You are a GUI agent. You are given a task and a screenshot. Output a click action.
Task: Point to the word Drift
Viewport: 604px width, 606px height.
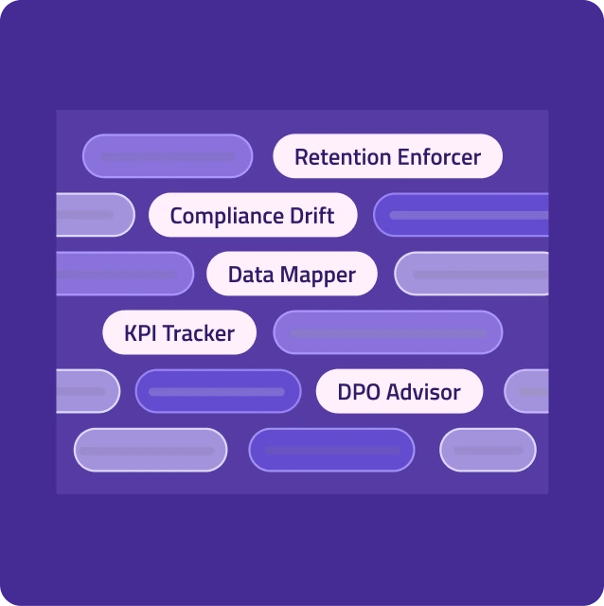tap(311, 216)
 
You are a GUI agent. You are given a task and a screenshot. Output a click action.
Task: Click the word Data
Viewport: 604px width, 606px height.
tap(249, 276)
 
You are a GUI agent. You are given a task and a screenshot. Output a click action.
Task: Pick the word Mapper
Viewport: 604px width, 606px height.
tap(318, 276)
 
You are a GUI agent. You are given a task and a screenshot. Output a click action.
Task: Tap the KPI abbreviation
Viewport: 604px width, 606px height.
tap(141, 333)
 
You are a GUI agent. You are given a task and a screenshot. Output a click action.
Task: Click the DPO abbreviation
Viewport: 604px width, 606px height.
tap(358, 392)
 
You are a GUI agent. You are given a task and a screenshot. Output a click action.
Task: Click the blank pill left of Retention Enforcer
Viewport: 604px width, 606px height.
tap(168, 156)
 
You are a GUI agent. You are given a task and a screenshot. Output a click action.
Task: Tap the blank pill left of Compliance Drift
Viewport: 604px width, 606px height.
tap(95, 215)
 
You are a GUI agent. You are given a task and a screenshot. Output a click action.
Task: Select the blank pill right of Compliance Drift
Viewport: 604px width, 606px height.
tap(461, 215)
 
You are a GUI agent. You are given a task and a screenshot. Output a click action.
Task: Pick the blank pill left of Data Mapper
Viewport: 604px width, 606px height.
tap(124, 274)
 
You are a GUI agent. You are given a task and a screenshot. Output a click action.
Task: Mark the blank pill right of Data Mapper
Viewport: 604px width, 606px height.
tap(471, 274)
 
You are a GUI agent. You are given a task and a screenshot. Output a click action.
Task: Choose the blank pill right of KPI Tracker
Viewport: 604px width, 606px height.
tap(387, 332)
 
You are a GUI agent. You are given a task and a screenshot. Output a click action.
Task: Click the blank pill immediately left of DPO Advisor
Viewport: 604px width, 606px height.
tap(218, 391)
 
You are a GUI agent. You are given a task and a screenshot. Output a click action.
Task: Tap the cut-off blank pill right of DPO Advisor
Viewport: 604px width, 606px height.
tap(526, 391)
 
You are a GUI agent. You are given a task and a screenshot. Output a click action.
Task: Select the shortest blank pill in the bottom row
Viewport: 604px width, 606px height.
tap(488, 450)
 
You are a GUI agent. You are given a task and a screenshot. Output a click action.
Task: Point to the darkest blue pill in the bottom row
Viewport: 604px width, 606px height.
tap(331, 450)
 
